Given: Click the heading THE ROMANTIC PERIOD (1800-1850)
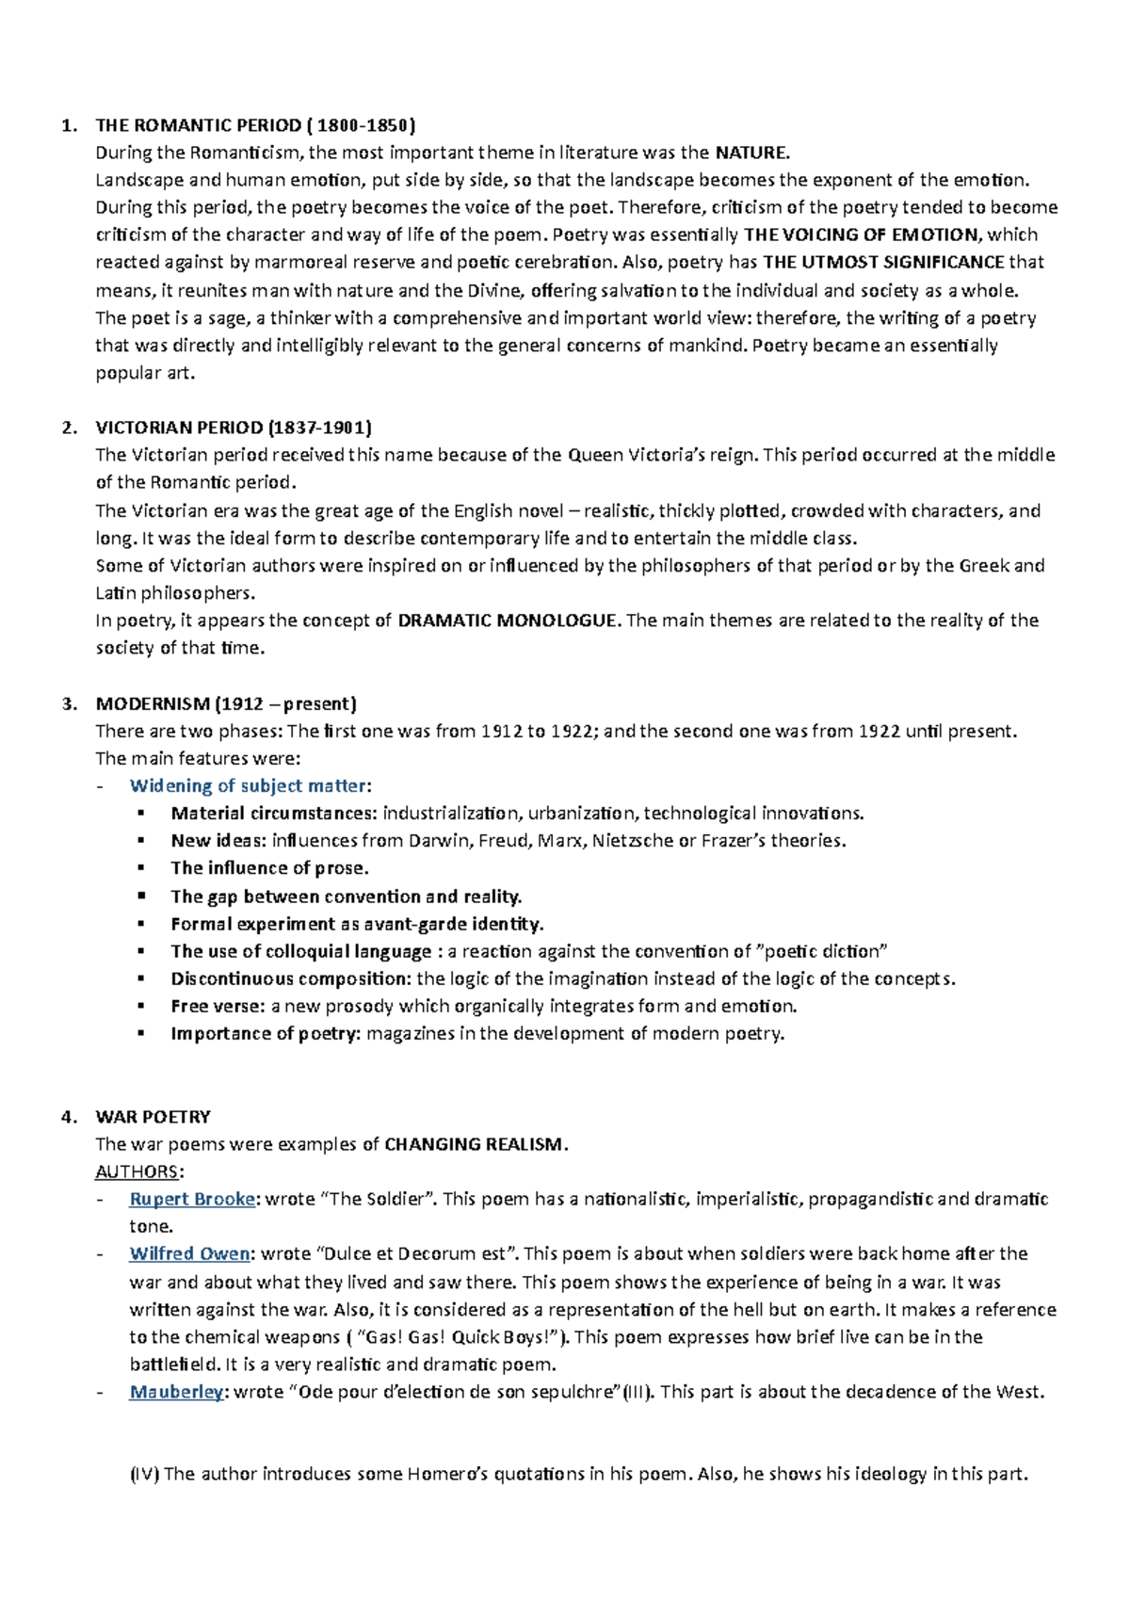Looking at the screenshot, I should coord(254,125).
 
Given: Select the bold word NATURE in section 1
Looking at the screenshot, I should coord(751,153).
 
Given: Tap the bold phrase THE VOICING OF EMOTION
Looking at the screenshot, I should coord(861,234).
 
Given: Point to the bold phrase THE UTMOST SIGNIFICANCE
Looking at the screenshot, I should coord(883,262).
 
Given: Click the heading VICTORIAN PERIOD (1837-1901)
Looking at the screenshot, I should coord(234,428).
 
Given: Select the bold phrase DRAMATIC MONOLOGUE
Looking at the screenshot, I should coord(508,621).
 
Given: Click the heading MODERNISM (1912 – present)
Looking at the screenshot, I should coord(226,703).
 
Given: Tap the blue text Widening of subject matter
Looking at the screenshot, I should coord(249,785).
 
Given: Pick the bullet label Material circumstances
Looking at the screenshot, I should coord(272,813).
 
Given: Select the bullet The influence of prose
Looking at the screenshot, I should coord(269,868).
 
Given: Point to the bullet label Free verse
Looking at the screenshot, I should coord(218,1006).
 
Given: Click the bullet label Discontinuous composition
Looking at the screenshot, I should coord(290,978).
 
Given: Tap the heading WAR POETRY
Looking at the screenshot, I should coord(153,1117).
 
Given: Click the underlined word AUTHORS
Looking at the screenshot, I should coord(137,1171).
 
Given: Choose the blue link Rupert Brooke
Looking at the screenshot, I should coord(192,1199).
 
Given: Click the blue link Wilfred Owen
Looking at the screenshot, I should coord(189,1253).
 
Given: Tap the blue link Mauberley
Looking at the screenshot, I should coord(176,1392).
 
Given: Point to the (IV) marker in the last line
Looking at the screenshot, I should coord(145,1474).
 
